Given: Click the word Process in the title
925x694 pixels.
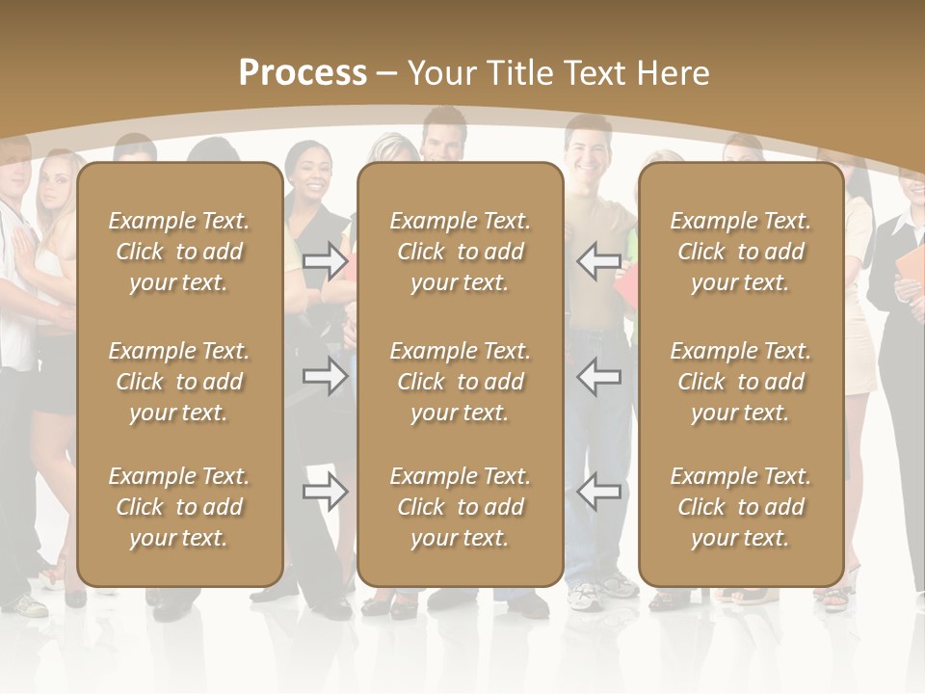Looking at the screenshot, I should [303, 73].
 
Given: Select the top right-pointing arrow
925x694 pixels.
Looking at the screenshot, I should [326, 261].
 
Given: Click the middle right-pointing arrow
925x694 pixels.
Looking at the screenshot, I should [326, 376].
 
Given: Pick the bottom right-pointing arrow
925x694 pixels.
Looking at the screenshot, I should [326, 493].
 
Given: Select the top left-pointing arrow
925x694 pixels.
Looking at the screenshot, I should [598, 261].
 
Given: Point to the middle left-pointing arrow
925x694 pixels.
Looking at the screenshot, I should [598, 376].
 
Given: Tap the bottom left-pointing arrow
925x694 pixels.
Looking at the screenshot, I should [598, 493].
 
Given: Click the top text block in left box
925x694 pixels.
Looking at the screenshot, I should [179, 252].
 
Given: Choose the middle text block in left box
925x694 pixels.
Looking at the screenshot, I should [179, 382].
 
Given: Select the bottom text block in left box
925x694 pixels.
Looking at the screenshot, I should [179, 507].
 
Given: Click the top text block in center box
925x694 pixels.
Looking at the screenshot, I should [460, 252].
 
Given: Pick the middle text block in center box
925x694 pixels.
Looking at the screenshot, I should [460, 382].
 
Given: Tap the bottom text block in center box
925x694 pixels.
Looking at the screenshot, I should [460, 507].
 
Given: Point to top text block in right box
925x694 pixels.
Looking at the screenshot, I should [740, 252].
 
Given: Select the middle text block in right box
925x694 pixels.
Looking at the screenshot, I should [740, 382].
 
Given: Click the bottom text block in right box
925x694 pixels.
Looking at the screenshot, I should [740, 507].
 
